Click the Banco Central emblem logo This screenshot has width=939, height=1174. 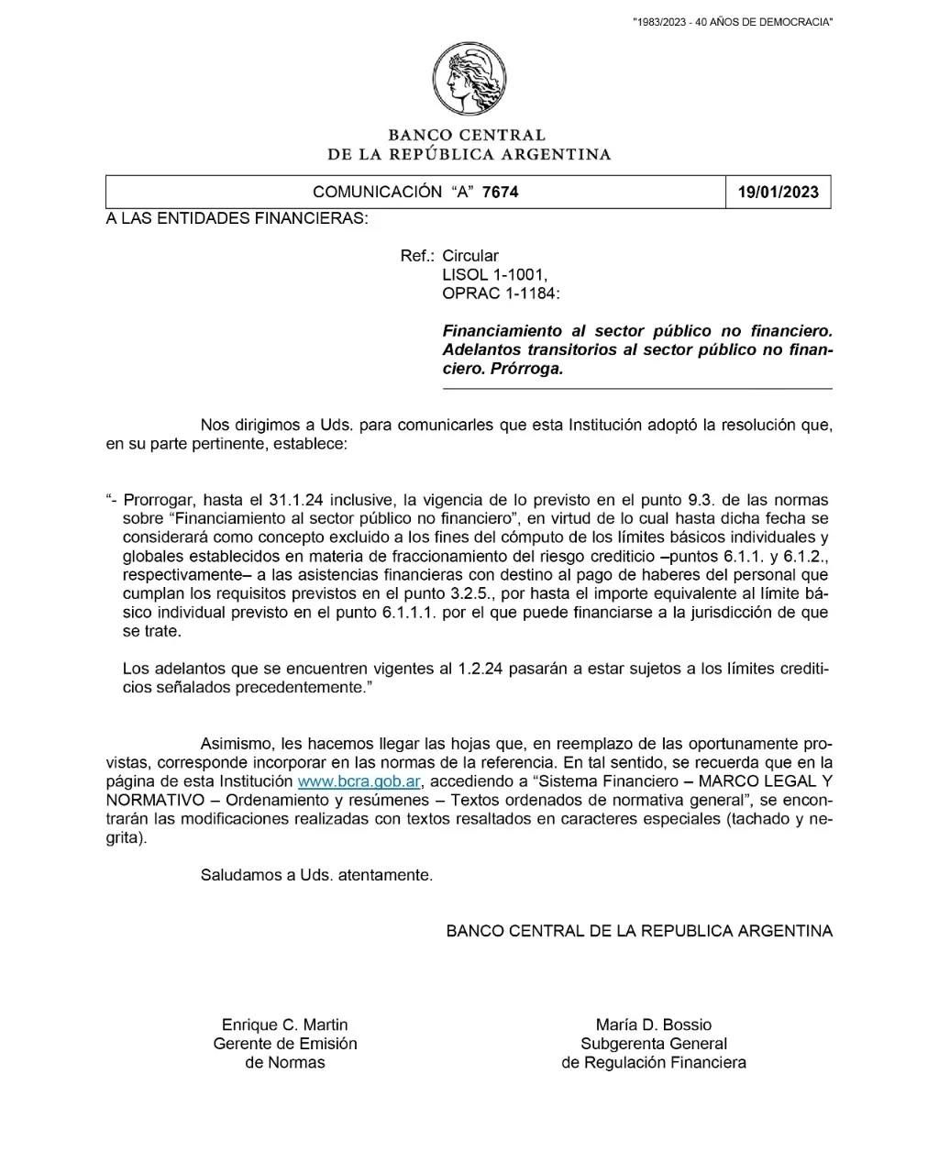[x=469, y=79]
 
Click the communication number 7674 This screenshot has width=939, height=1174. [x=500, y=193]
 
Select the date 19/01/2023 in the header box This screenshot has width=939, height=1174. [x=778, y=193]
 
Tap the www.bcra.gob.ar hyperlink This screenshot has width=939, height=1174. [x=359, y=781]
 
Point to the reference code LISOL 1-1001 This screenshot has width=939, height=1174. [x=494, y=274]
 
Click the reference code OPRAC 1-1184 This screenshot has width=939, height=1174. [x=500, y=293]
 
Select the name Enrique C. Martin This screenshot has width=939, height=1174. [x=284, y=1024]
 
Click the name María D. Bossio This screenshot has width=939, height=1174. [x=653, y=1024]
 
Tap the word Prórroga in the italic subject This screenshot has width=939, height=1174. [x=528, y=369]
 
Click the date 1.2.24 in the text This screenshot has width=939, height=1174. [x=480, y=669]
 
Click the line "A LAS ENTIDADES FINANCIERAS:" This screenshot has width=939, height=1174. [x=237, y=218]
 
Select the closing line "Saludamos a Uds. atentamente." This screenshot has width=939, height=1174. [x=316, y=875]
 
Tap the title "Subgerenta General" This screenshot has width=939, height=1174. [x=653, y=1044]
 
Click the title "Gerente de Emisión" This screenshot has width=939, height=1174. [x=284, y=1044]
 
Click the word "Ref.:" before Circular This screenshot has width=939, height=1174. [x=417, y=256]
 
